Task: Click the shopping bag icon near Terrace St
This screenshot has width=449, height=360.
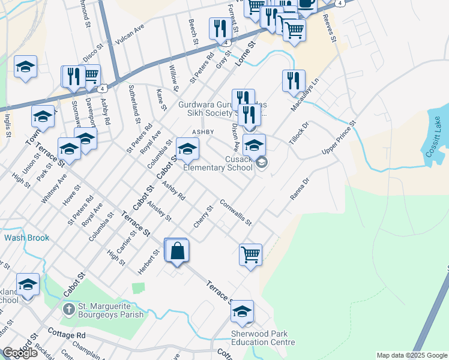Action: [x=178, y=251]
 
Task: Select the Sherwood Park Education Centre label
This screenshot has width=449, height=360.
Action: [x=263, y=338]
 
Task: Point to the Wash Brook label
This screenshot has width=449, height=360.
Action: [x=26, y=238]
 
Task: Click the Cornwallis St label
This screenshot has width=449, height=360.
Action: [x=235, y=212]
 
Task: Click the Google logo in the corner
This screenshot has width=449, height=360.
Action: [x=20, y=353]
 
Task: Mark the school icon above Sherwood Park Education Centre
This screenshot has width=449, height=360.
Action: [x=243, y=311]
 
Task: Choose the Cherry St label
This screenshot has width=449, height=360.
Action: [x=203, y=217]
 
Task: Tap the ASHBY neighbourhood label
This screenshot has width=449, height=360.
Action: [x=203, y=131]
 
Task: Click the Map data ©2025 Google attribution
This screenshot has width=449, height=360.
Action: [x=411, y=355]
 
